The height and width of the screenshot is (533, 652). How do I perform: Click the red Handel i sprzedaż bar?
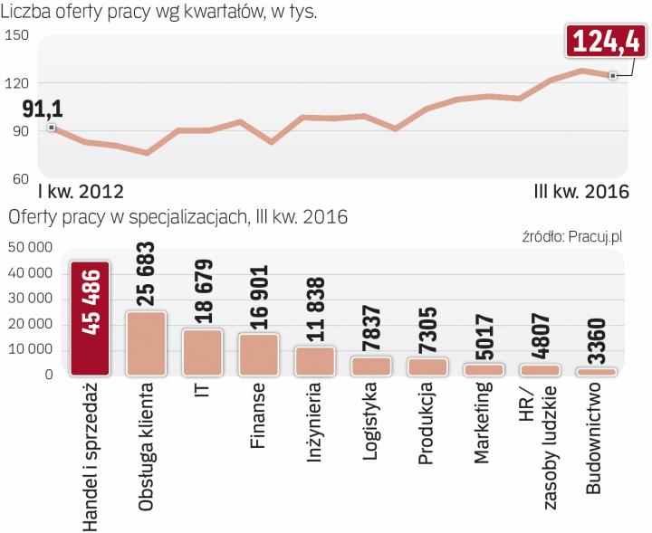pyautogui.click(x=90, y=318)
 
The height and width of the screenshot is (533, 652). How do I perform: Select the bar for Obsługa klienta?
pyautogui.click(x=146, y=343)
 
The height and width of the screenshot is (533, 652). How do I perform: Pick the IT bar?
pyautogui.click(x=202, y=352)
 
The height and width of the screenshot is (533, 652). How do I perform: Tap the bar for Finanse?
pyautogui.click(x=258, y=354)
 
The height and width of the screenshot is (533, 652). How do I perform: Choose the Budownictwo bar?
pyautogui.click(x=596, y=371)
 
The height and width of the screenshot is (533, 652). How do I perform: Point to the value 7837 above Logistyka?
pyautogui.click(x=370, y=325)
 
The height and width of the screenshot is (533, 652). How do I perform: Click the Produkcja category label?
pyautogui.click(x=427, y=425)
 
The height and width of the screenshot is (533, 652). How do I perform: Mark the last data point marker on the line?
pyautogui.click(x=613, y=76)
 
